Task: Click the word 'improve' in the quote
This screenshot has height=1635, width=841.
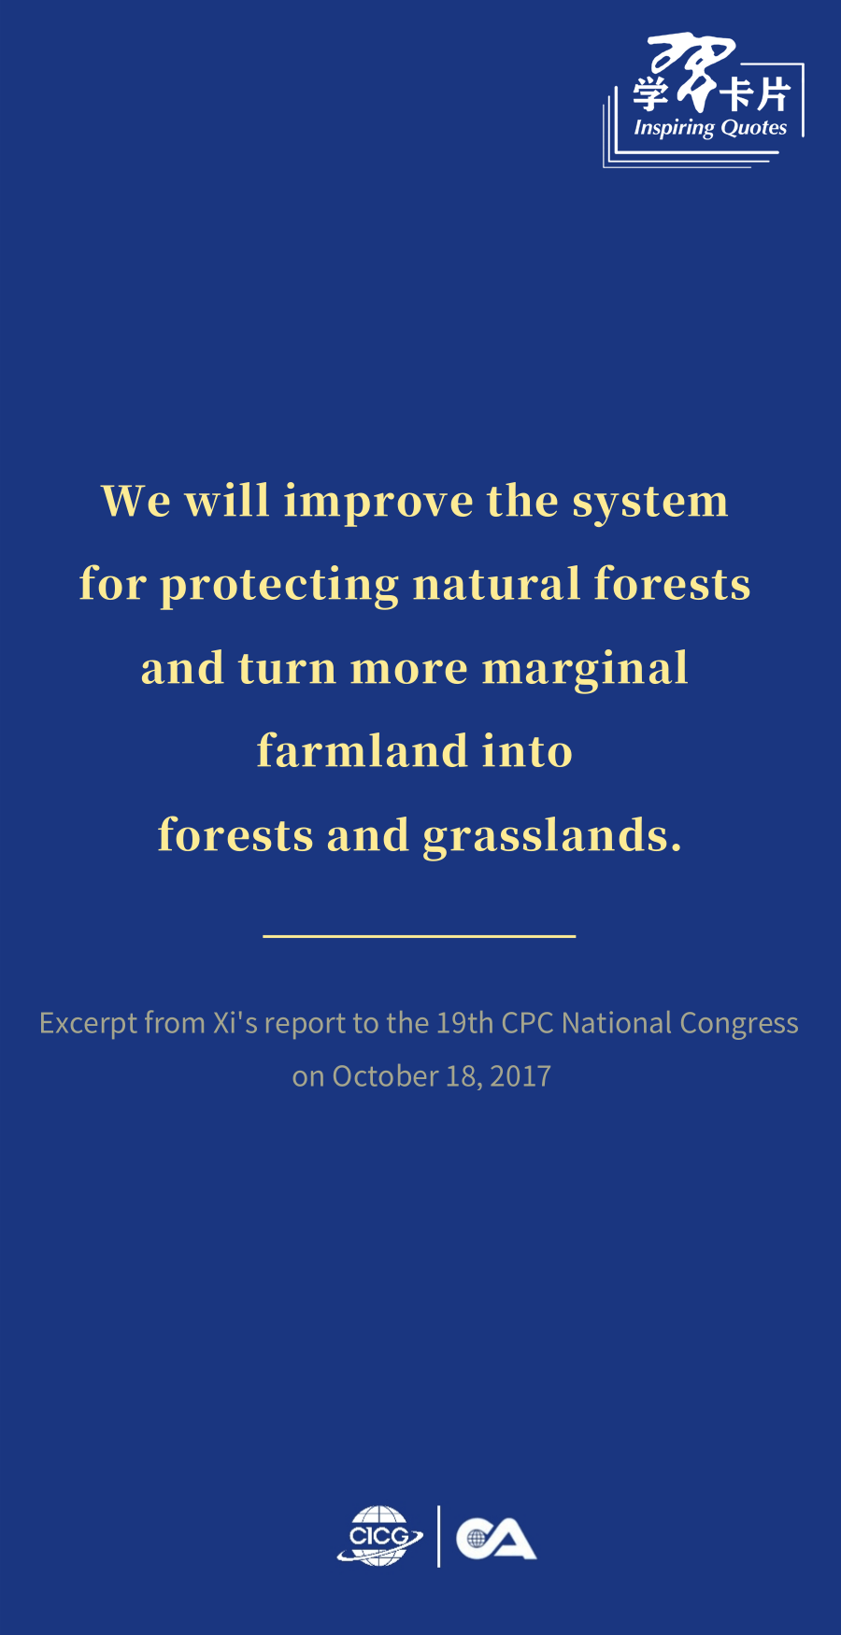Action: [x=378, y=503]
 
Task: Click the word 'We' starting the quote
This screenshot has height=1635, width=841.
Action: [x=136, y=501]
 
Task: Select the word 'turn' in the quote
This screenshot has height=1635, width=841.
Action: [x=287, y=669]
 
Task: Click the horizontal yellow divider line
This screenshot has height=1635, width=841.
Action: [x=420, y=935]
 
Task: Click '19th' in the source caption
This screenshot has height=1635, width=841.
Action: [x=464, y=1023]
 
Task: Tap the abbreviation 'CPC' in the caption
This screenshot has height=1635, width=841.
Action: [x=528, y=1023]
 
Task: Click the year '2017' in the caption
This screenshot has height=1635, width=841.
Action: [x=520, y=1076]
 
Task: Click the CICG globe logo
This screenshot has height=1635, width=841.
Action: [x=379, y=1535]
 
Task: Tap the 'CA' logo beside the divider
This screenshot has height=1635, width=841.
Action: [x=496, y=1539]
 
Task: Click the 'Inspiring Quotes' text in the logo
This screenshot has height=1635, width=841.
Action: [x=710, y=128]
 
